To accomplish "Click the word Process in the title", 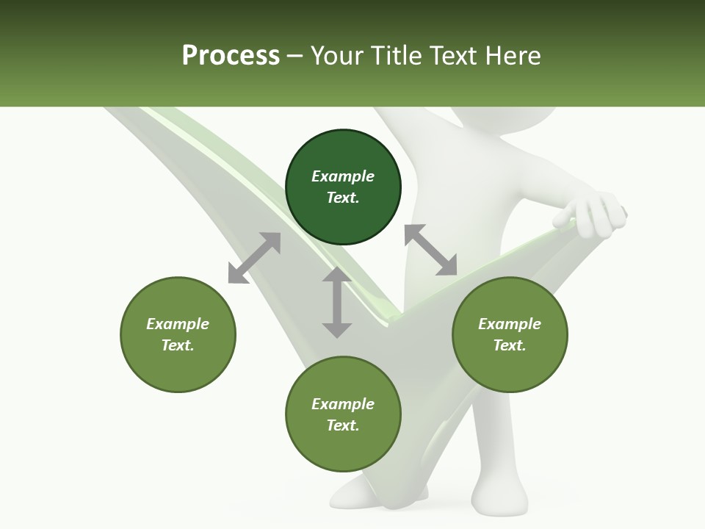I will pyautogui.click(x=231, y=56).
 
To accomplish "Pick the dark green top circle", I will pyautogui.click(x=343, y=187).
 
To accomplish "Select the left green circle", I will pyautogui.click(x=178, y=334).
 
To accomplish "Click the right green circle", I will pyautogui.click(x=510, y=334).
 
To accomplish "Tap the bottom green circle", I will pyautogui.click(x=343, y=414).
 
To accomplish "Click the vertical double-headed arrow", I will pyautogui.click(x=337, y=302).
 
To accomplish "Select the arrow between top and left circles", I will pyautogui.click(x=254, y=258).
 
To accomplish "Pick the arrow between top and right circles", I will pyautogui.click(x=430, y=250).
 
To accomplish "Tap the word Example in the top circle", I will pyautogui.click(x=343, y=176).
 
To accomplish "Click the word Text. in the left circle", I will pyautogui.click(x=178, y=345).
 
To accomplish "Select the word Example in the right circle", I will pyautogui.click(x=510, y=324).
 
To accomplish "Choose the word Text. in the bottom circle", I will pyautogui.click(x=343, y=425).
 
